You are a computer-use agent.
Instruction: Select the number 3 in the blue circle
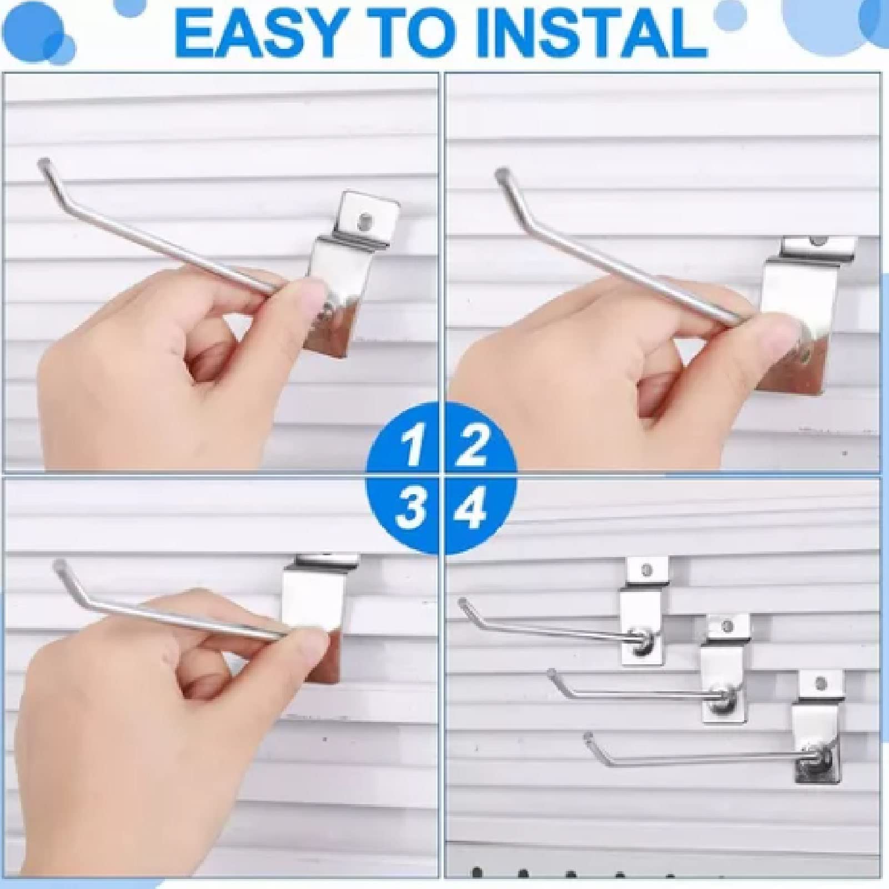click(x=411, y=508)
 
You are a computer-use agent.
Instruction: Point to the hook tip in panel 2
click(x=501, y=173)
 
